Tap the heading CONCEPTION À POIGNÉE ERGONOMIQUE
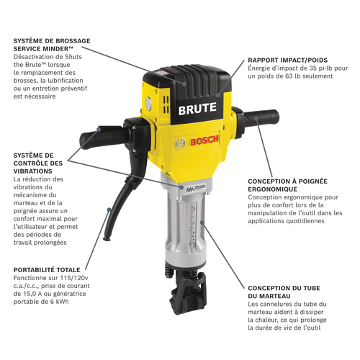click(289, 186)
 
